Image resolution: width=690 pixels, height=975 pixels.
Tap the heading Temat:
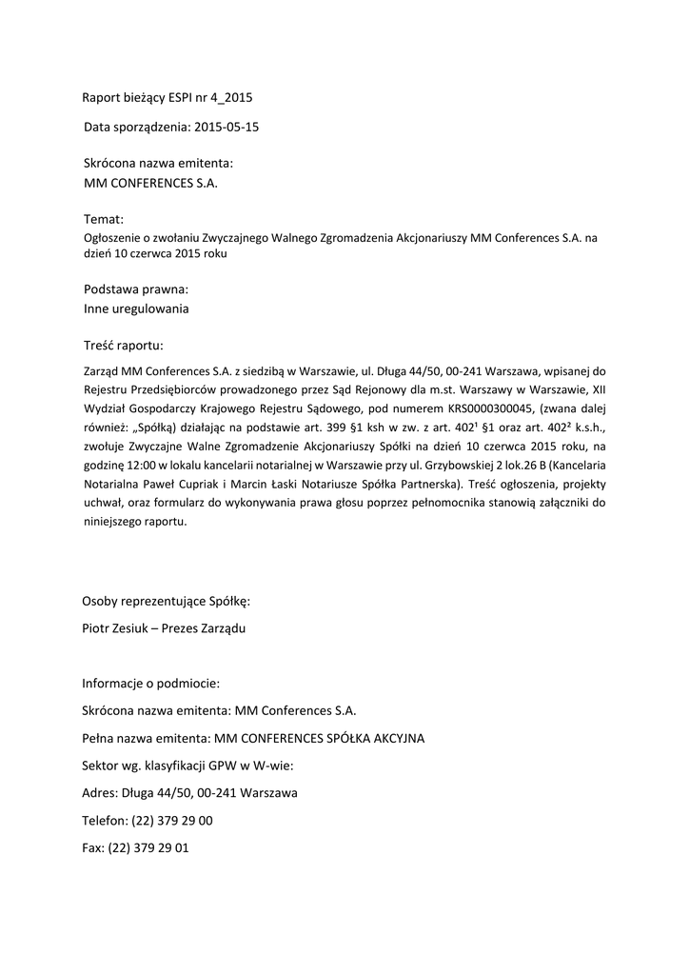pos(104,220)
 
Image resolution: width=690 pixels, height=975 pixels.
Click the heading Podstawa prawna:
pos(135,289)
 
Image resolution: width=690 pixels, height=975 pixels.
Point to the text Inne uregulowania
pos(136,308)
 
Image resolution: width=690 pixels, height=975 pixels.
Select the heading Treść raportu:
pos(124,344)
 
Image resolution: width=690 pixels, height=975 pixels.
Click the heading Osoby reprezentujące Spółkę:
pos(166,601)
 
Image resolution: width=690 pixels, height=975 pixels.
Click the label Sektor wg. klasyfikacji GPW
pos(166,765)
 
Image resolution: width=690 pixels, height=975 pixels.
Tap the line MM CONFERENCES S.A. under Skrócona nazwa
pos(150,183)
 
